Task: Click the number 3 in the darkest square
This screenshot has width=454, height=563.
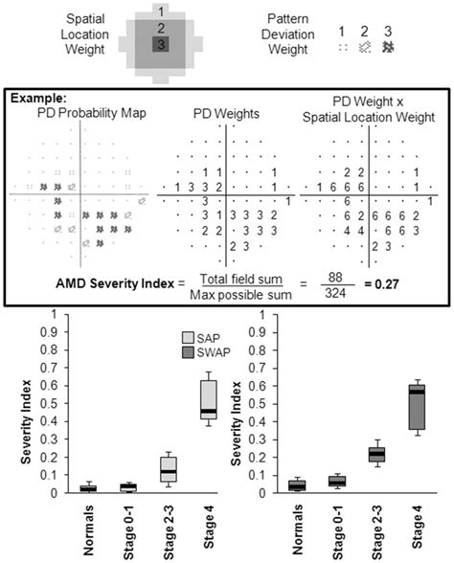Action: [161, 45]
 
